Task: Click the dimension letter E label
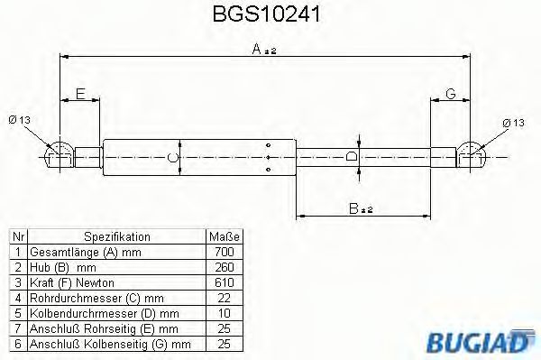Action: click(81, 94)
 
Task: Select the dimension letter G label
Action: click(450, 94)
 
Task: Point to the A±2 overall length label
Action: click(263, 51)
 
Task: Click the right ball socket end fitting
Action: click(473, 155)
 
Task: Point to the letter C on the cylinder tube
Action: click(173, 158)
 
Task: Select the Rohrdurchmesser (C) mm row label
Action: click(96, 297)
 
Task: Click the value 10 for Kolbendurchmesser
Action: click(225, 312)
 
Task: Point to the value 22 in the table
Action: click(225, 297)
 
